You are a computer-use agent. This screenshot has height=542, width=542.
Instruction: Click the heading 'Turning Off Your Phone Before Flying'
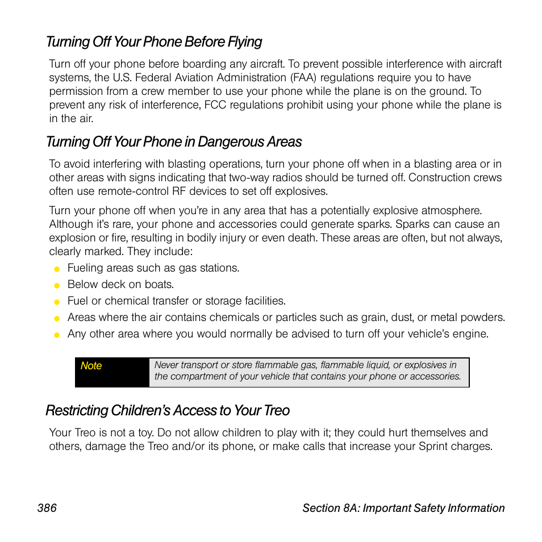(154, 42)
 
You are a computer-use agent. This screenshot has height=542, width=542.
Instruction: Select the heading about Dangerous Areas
(174, 141)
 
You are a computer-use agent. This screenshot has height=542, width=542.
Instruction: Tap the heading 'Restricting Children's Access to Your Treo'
(168, 410)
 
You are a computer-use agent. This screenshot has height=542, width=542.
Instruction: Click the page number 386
(47, 508)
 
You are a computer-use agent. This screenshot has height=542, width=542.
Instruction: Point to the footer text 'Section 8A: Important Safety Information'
(403, 508)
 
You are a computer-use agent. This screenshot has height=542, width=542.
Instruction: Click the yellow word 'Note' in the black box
(91, 366)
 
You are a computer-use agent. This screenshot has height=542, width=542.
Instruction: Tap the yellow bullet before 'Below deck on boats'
(57, 285)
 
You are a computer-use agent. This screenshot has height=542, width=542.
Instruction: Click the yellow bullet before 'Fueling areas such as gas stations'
(57, 269)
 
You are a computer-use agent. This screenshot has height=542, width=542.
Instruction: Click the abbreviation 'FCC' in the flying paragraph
(216, 105)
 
